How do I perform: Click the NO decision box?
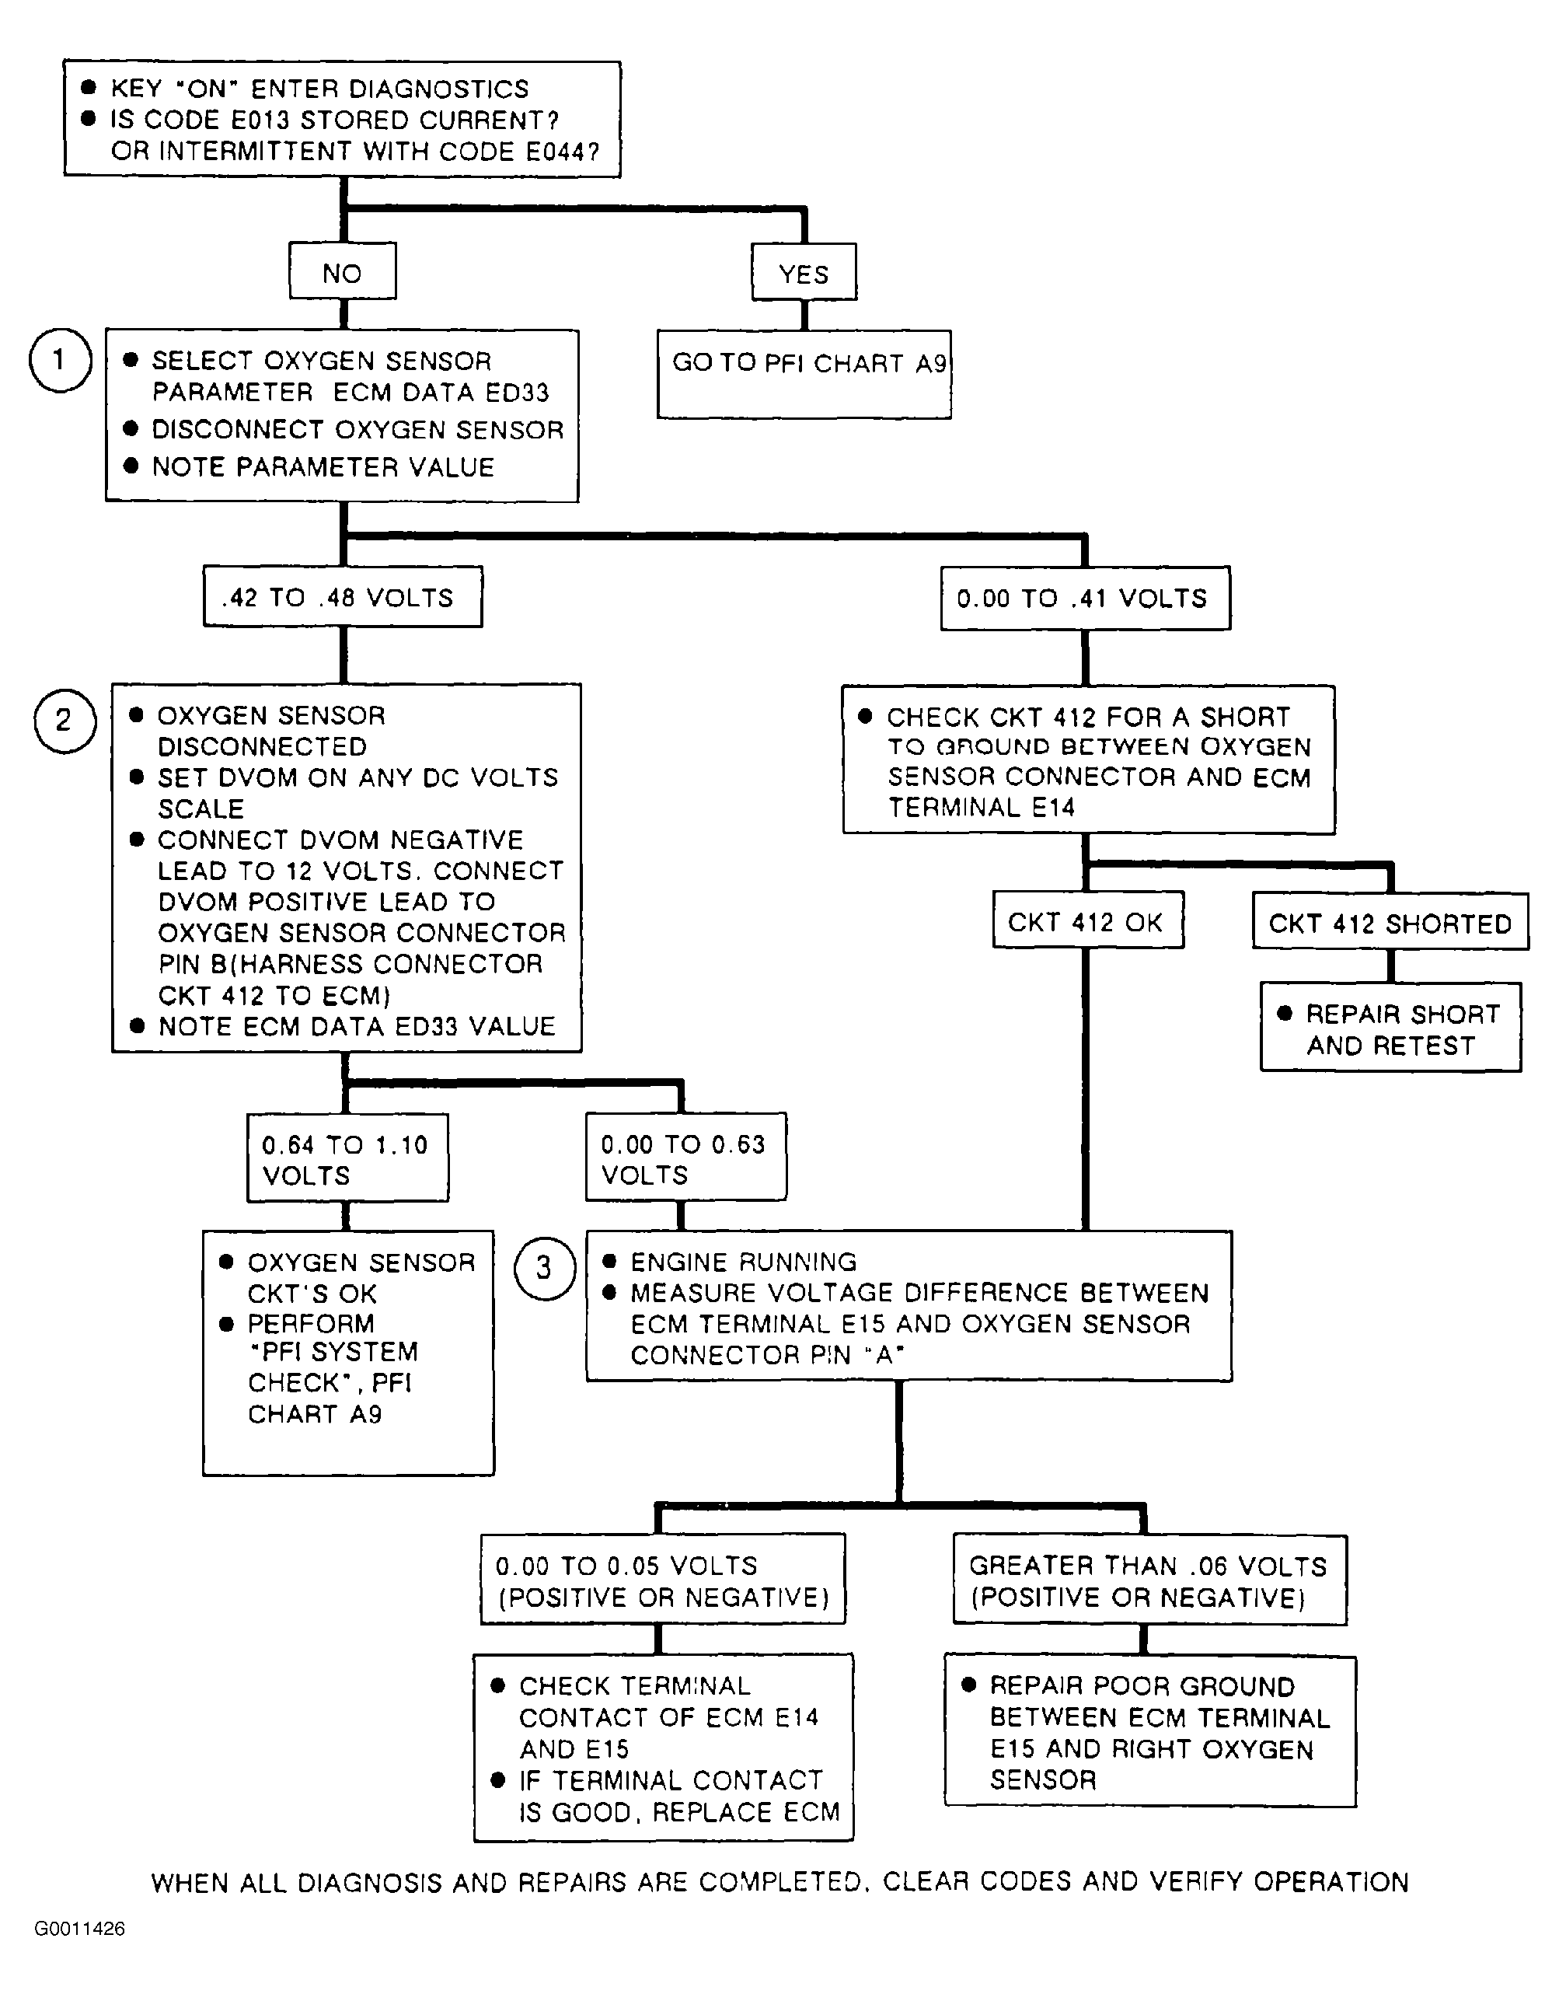click(x=342, y=271)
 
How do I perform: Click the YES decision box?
click(x=804, y=272)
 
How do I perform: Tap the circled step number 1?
click(x=61, y=361)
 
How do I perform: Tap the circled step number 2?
click(x=65, y=721)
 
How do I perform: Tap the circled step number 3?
click(x=545, y=1268)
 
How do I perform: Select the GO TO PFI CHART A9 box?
click(x=804, y=375)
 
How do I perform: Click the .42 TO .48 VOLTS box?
click(x=342, y=597)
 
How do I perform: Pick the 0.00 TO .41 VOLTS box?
click(x=1085, y=598)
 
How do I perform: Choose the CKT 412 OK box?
click(x=1088, y=920)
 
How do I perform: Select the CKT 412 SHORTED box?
click(x=1390, y=921)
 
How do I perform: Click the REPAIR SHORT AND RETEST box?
click(x=1391, y=1027)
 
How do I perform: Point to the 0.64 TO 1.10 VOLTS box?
click(x=347, y=1158)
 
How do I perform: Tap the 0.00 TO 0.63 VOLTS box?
click(x=686, y=1157)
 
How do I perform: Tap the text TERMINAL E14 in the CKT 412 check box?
click(x=982, y=807)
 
